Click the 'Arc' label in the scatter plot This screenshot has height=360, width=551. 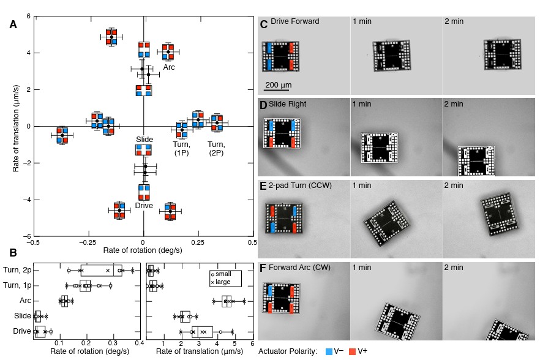click(x=169, y=67)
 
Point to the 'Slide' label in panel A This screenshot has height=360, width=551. click(x=144, y=140)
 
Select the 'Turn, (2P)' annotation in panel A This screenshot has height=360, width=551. click(x=216, y=148)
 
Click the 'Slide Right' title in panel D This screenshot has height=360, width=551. click(x=290, y=103)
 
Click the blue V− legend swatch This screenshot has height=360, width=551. click(x=328, y=351)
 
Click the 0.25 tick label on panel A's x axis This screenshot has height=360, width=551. click(x=197, y=242)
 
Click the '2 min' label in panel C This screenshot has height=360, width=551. click(x=454, y=22)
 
